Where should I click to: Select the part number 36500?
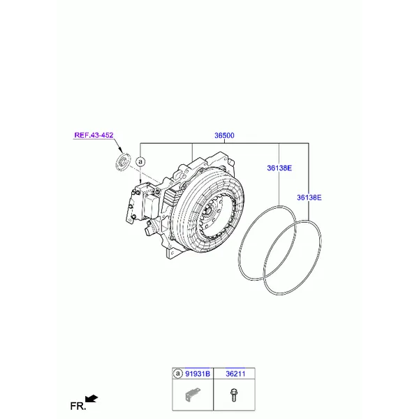(x=225, y=136)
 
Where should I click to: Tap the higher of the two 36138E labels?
(x=279, y=168)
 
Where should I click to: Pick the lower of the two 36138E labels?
(x=309, y=198)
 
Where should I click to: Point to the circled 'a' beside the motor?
(x=140, y=162)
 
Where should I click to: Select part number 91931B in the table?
(x=198, y=374)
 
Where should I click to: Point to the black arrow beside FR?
(x=91, y=399)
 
